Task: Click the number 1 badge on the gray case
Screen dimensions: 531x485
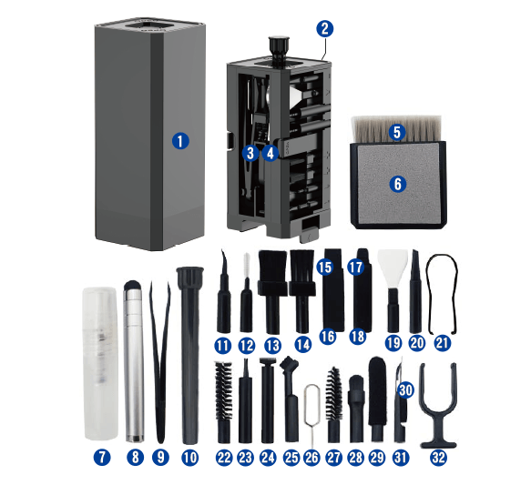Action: tap(180, 141)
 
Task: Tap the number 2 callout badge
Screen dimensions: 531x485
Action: tap(325, 29)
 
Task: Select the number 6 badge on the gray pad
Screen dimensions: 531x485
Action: tap(398, 184)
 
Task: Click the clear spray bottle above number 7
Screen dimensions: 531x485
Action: tap(100, 364)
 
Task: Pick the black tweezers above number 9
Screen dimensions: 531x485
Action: tap(160, 362)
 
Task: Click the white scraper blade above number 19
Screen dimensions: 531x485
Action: tap(393, 268)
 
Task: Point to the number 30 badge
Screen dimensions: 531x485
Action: tap(406, 390)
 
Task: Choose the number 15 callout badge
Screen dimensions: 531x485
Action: tap(325, 267)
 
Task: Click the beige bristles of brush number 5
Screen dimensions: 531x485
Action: tap(396, 129)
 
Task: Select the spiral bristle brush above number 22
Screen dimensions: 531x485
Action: tap(224, 402)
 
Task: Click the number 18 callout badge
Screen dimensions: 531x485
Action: tap(357, 337)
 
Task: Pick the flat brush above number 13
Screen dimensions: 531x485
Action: tap(272, 291)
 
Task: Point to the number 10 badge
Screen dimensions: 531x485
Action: tap(190, 458)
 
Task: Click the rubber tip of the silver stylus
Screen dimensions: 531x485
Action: tap(132, 286)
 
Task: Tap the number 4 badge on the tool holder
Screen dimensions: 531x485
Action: tap(271, 154)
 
